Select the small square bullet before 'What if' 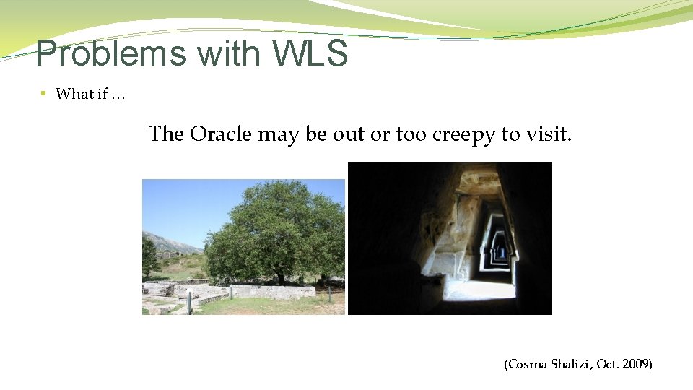click(43, 93)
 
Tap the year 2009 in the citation click(635, 365)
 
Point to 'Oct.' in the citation click(608, 365)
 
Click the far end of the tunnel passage click(499, 253)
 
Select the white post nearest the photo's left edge click(189, 302)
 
